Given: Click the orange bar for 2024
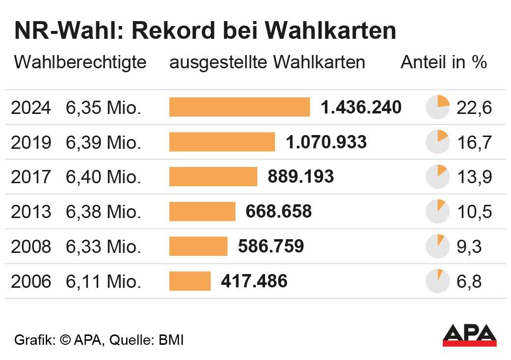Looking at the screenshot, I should point(240,107).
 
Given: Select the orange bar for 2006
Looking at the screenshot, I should point(190,281).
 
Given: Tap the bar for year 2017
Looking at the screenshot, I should point(213,177).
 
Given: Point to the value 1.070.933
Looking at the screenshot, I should point(326,142).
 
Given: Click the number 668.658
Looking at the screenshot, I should point(278,212).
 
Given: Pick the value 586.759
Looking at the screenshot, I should point(270,247).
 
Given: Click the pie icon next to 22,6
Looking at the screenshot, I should point(437,107).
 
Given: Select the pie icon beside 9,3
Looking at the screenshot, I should point(437,247).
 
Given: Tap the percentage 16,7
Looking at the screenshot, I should point(474,142).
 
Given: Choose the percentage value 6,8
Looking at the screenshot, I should point(468,282).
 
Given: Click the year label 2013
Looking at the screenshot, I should point(30,212).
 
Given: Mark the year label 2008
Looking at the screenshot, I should point(30,247).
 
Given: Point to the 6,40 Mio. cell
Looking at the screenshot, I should point(104,177).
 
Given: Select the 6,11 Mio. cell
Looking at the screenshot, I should point(104,282).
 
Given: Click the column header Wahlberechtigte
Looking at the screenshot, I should point(80,62).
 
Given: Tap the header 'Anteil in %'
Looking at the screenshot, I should point(444,62).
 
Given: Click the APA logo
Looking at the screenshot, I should point(469,335).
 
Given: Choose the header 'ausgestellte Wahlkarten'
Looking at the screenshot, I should point(267,62).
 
